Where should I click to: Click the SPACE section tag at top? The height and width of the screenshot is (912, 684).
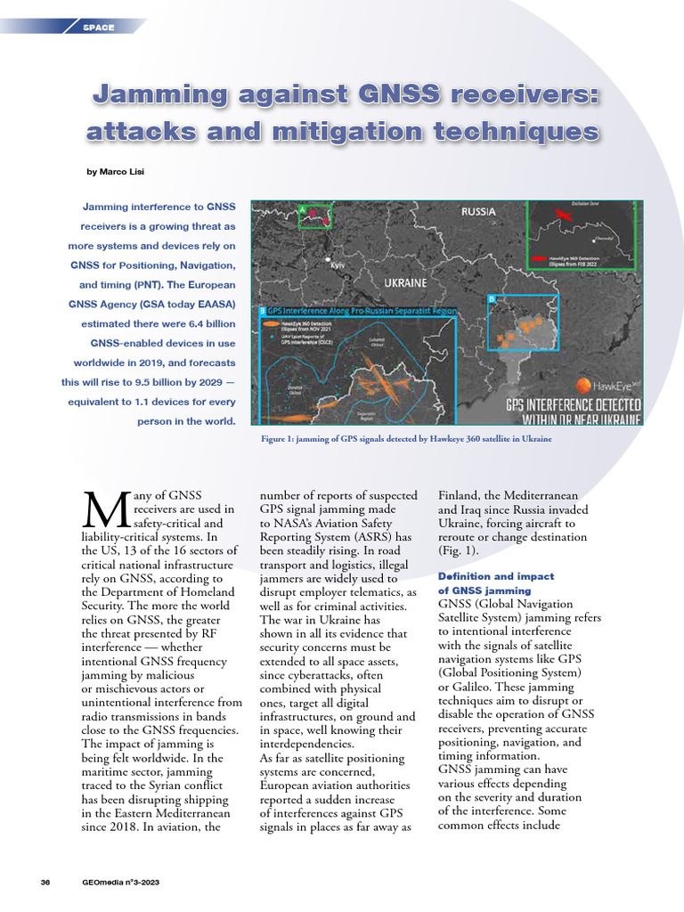pos(98,28)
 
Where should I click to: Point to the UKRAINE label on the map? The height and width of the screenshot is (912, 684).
pos(404,282)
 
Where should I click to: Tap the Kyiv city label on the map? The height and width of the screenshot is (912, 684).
pos(338,265)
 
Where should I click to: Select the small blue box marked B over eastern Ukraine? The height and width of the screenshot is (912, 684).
pos(522,322)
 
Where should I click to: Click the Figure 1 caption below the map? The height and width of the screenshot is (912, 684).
pos(405,438)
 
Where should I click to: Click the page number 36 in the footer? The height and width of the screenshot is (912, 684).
pos(45,882)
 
